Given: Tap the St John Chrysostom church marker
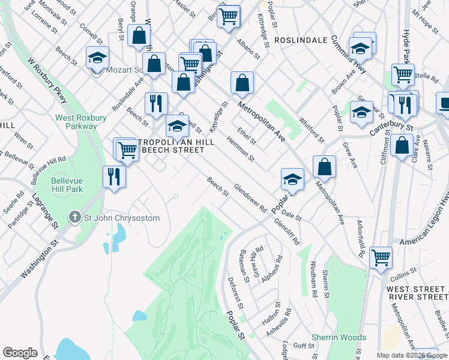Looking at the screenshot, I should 74,217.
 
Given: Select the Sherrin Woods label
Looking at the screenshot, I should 339,338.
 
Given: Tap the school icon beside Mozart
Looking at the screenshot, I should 97,58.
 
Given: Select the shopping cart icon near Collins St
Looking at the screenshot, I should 381,257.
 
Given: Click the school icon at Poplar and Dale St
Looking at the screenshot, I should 292,179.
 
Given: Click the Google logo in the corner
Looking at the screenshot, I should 20,353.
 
